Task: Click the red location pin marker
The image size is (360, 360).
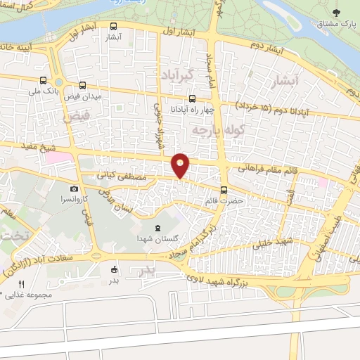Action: pyautogui.click(x=181, y=165)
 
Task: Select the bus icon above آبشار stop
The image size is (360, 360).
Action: pyautogui.click(x=113, y=27)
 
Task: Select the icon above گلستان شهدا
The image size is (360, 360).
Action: pyautogui.click(x=156, y=228)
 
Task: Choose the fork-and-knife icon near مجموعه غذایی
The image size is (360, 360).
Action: pyautogui.click(x=21, y=284)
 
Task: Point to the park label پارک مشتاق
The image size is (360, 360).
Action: pyautogui.click(x=335, y=25)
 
